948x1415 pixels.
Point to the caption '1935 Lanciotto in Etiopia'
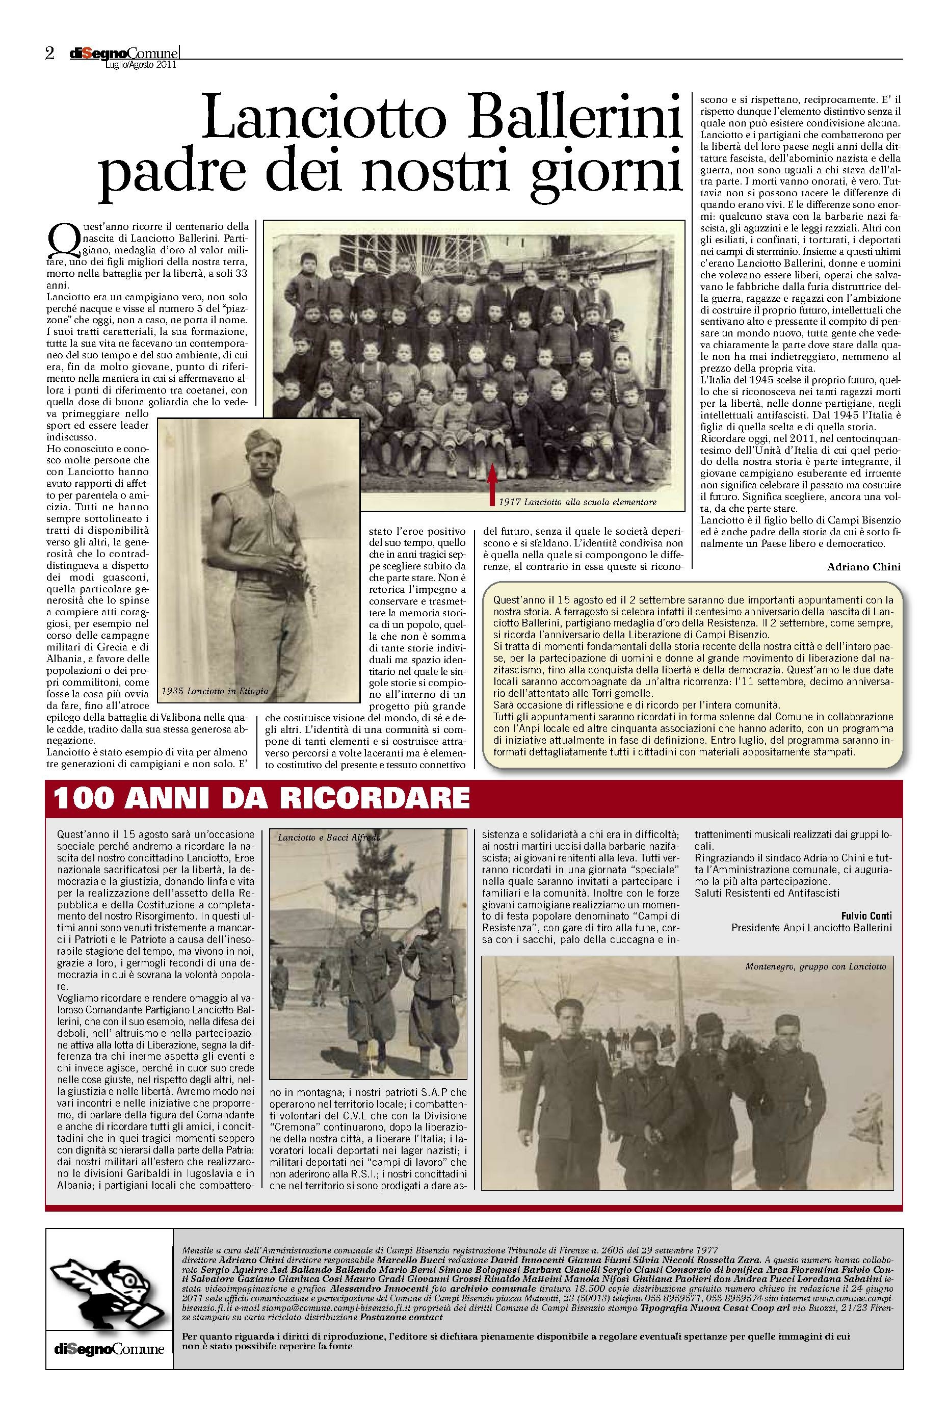pyautogui.click(x=215, y=691)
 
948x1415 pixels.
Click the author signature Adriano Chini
pyautogui.click(x=864, y=567)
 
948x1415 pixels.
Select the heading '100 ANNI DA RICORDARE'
pyautogui.click(x=261, y=798)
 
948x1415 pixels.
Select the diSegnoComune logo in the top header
pyautogui.click(x=123, y=54)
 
